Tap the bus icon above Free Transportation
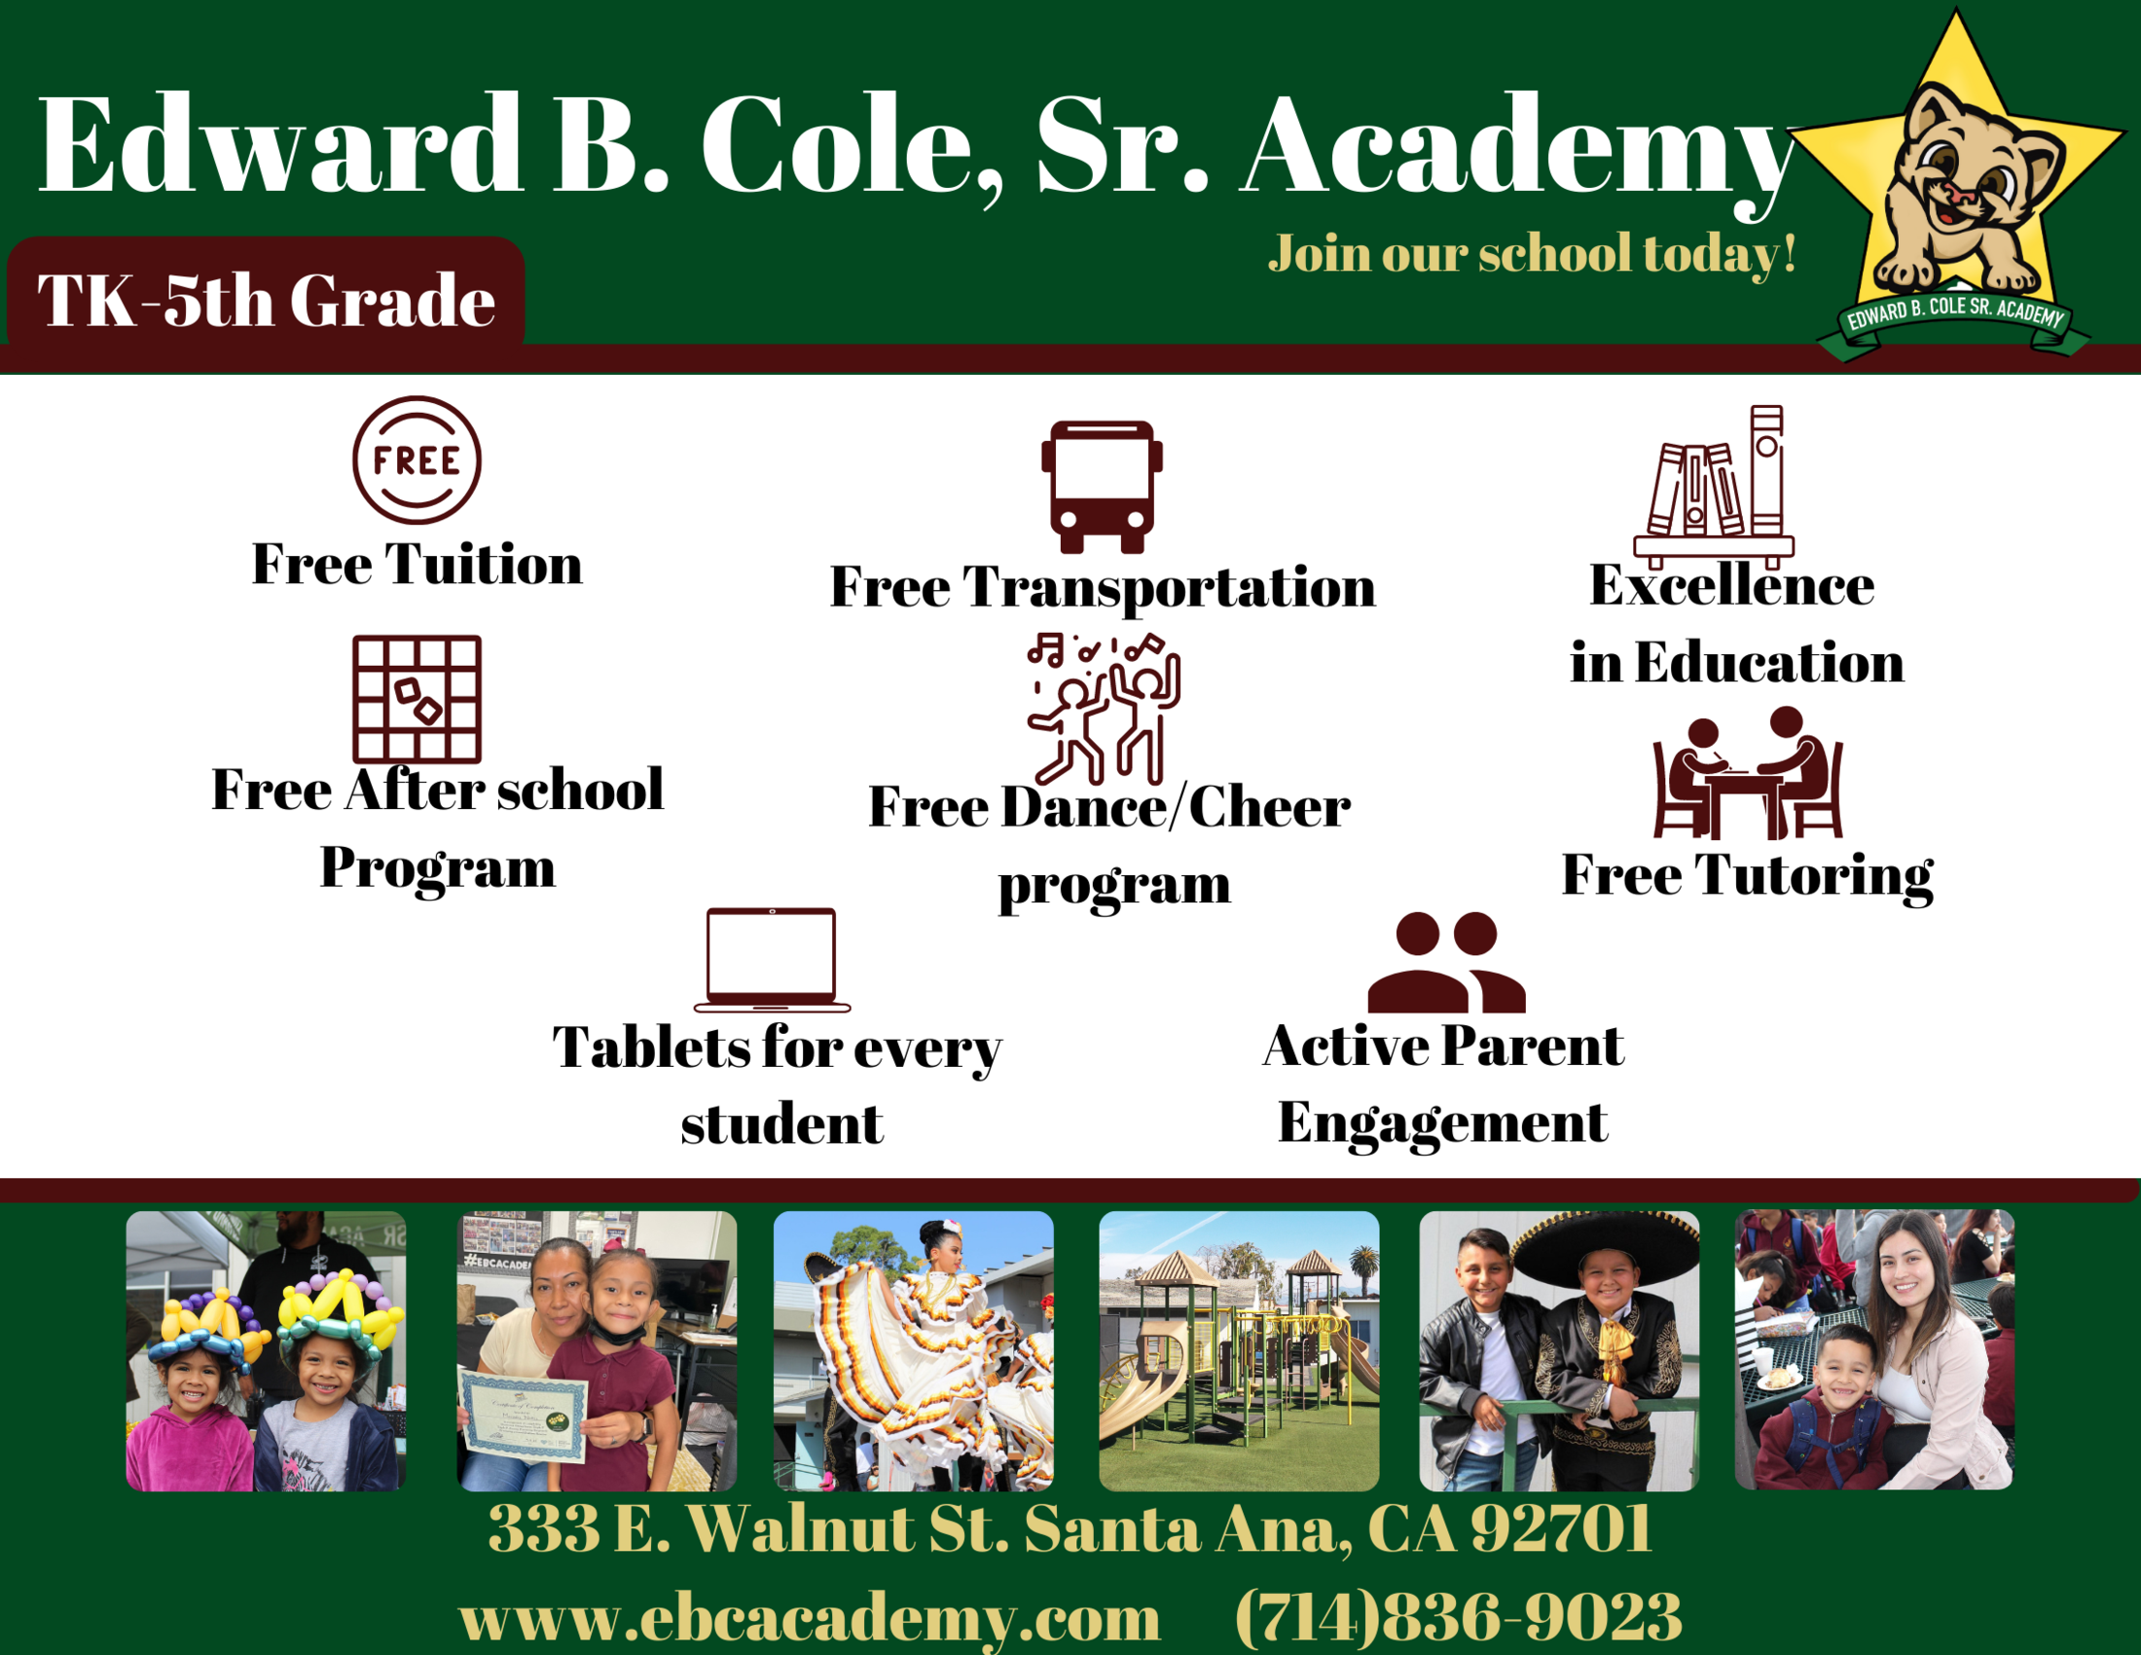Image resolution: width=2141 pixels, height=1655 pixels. point(1102,488)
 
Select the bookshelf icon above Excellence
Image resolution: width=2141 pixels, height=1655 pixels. point(1714,488)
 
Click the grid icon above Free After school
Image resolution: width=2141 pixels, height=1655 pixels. point(417,699)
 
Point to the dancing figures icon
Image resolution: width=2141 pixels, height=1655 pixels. point(1104,708)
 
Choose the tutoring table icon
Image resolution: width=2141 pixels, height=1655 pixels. point(1748,773)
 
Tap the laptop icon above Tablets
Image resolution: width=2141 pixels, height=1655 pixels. point(772,960)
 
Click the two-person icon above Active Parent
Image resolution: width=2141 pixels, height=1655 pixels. point(1446,962)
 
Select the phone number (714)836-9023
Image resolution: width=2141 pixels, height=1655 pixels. point(1458,1616)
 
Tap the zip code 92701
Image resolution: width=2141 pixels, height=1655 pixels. point(1561,1527)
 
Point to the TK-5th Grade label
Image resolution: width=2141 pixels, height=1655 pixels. point(266,300)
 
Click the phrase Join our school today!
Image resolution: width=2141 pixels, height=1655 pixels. point(1532,254)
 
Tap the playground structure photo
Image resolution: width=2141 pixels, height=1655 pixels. point(1239,1351)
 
